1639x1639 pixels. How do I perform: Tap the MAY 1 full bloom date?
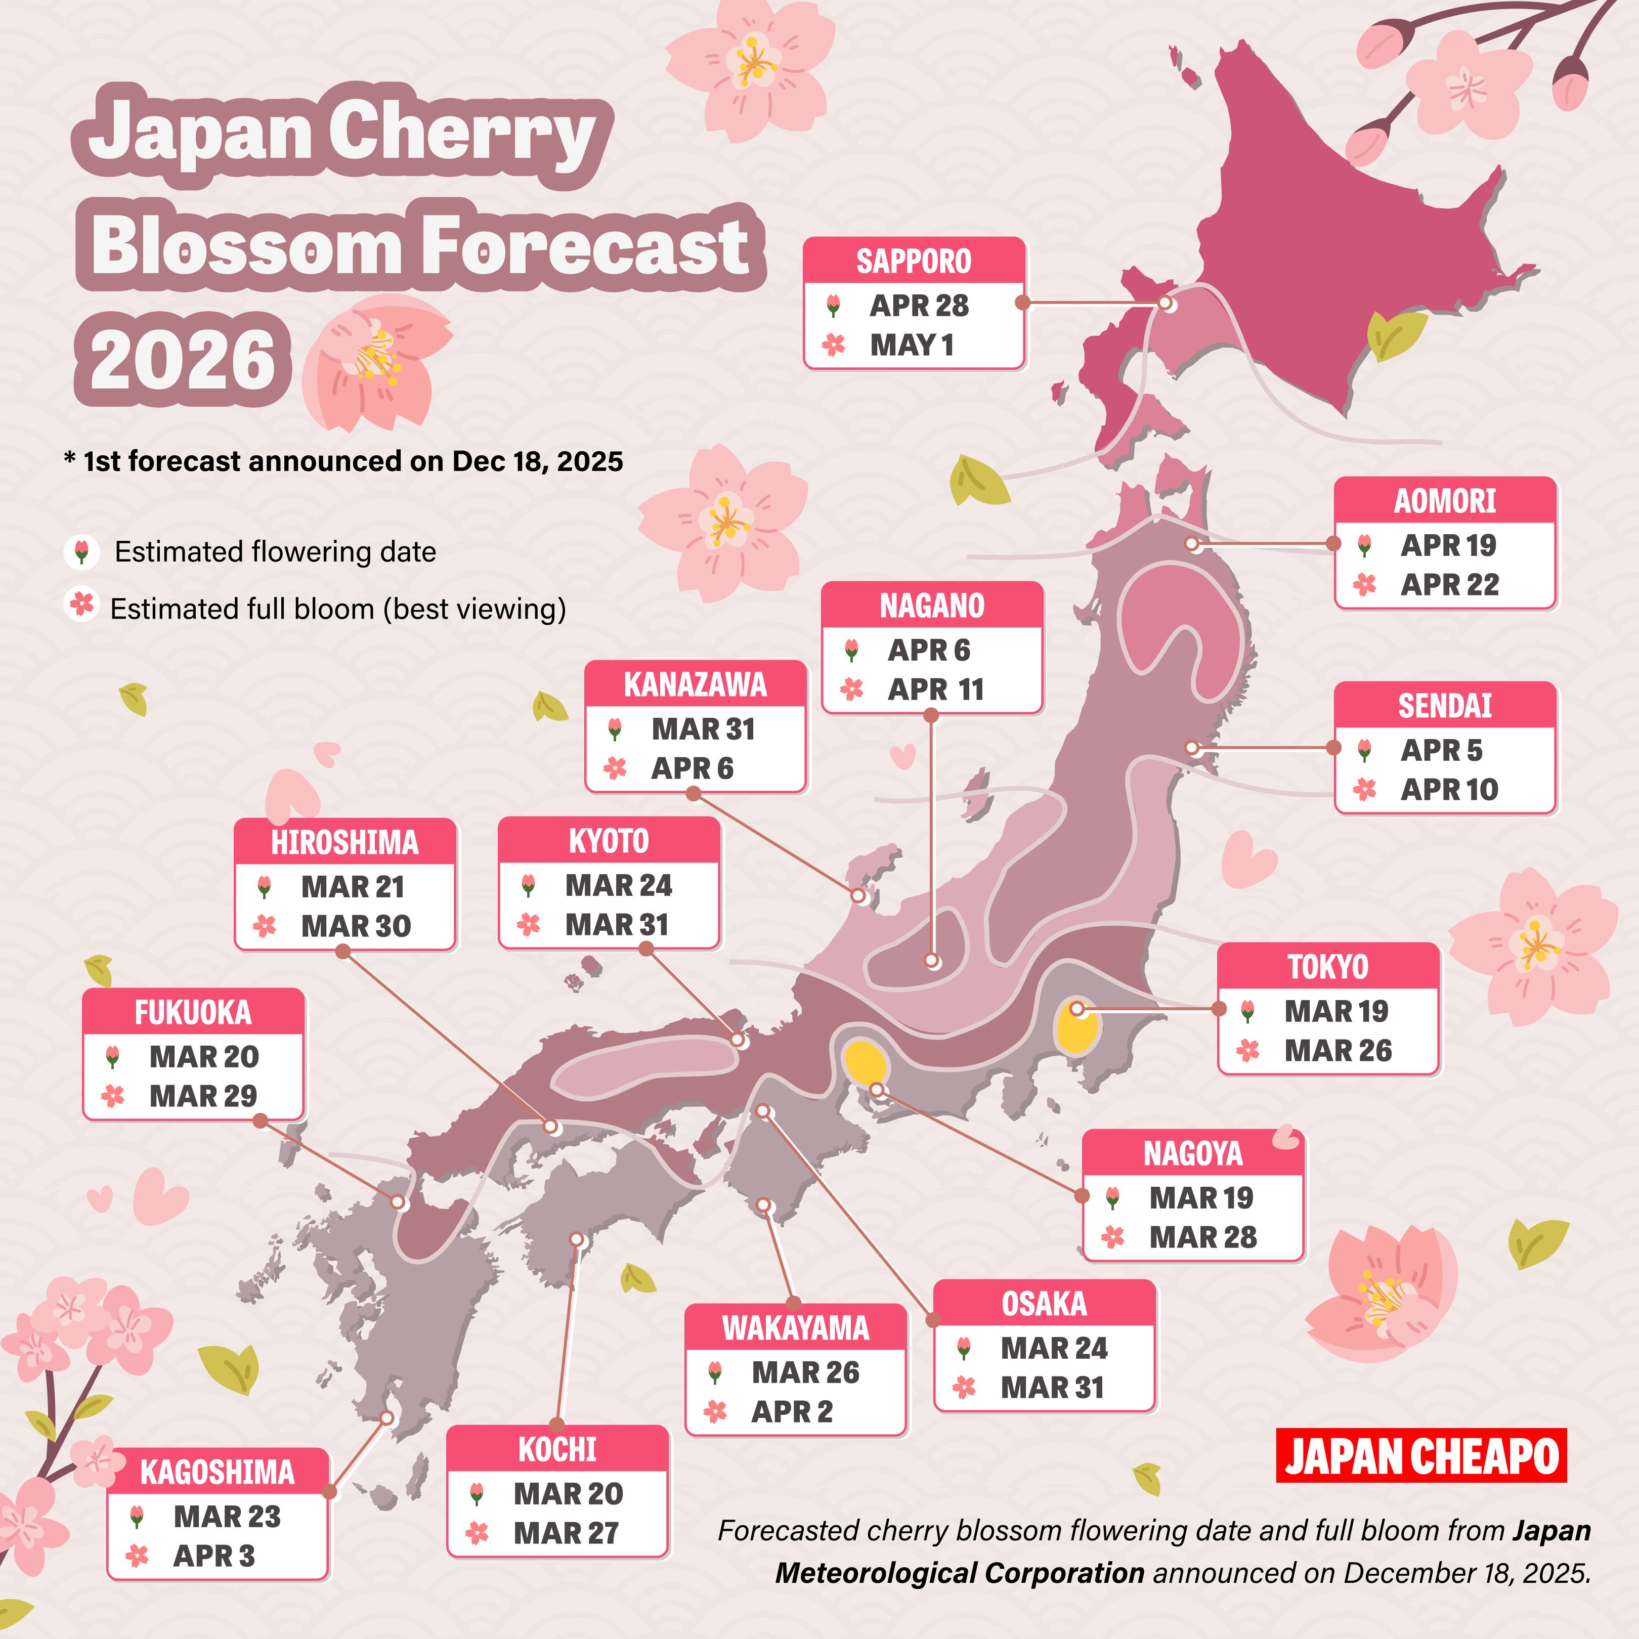[x=912, y=346]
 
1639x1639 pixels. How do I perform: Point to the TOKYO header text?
[x=1328, y=967]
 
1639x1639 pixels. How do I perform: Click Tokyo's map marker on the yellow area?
[x=1076, y=1009]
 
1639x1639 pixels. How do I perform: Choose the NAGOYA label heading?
[x=1193, y=1154]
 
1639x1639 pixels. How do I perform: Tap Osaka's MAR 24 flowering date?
[x=1054, y=1348]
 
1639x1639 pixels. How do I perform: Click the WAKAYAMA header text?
[x=795, y=1328]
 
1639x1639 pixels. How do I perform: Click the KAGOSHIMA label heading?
[x=217, y=1473]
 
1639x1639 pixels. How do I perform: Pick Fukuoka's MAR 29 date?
[x=203, y=1096]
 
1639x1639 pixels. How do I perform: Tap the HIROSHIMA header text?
[x=344, y=842]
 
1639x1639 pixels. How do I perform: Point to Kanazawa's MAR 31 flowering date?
[x=703, y=729]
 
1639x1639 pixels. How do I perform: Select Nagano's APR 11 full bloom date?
[x=936, y=689]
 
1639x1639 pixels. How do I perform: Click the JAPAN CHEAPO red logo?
[x=1421, y=1456]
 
